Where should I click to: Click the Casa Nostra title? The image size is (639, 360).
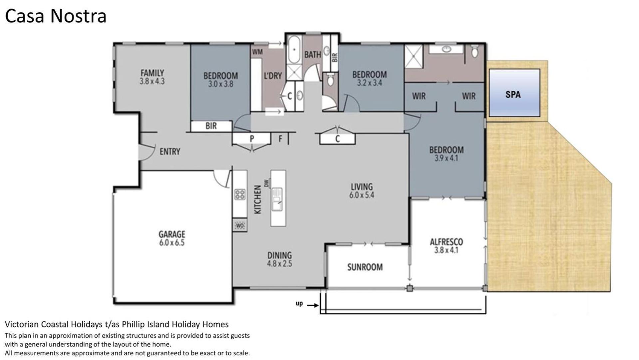click(56, 16)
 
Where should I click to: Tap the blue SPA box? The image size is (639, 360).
click(514, 93)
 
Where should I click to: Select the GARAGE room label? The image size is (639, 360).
click(172, 234)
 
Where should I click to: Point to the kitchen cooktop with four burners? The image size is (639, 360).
click(240, 194)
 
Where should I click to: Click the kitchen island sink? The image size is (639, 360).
click(277, 199)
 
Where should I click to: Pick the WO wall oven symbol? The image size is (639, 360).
click(240, 226)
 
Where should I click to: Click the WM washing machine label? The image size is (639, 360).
click(257, 52)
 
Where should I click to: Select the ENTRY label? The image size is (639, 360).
click(170, 152)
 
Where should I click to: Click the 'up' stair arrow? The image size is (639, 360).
click(312, 305)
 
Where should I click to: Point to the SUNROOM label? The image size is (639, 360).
click(365, 267)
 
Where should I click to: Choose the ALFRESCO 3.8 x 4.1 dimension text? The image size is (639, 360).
click(446, 250)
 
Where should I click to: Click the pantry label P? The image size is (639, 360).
click(252, 138)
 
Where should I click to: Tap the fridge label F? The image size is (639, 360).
click(280, 138)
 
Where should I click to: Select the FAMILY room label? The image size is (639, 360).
click(152, 73)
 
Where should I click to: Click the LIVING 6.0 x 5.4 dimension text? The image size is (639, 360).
click(362, 195)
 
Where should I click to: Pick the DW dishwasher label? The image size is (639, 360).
click(266, 183)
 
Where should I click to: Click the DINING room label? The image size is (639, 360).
click(279, 255)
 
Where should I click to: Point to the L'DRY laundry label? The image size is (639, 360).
click(273, 76)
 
